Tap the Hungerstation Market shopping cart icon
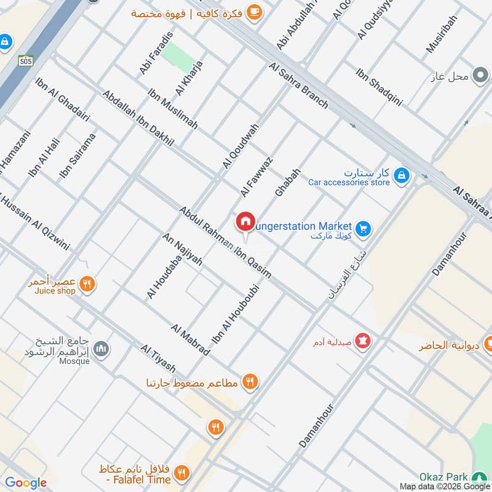363,228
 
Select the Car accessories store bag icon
401,175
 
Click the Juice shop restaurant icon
88,284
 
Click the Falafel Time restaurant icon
181,472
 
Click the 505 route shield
25,60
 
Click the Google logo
26,483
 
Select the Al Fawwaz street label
256,177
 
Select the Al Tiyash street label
158,359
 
